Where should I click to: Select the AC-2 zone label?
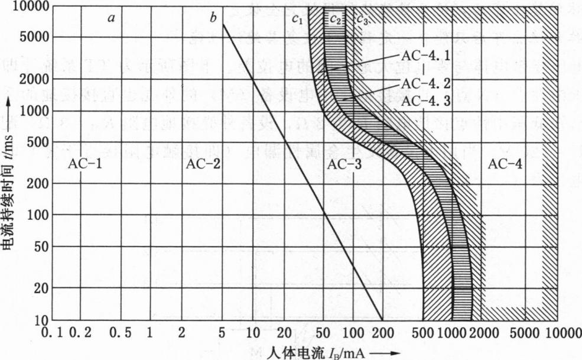click(x=203, y=164)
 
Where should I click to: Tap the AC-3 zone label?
click(x=343, y=164)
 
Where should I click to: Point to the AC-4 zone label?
click(x=505, y=164)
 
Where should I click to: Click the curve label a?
click(x=110, y=18)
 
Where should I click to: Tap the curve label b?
click(x=213, y=18)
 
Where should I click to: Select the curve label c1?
click(x=297, y=19)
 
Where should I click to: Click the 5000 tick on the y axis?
click(x=28, y=37)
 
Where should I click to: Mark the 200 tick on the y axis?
click(x=31, y=183)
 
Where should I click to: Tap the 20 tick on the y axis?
click(x=34, y=288)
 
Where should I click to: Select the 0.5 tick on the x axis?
click(x=119, y=333)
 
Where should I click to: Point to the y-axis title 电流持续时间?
click(x=9, y=195)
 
